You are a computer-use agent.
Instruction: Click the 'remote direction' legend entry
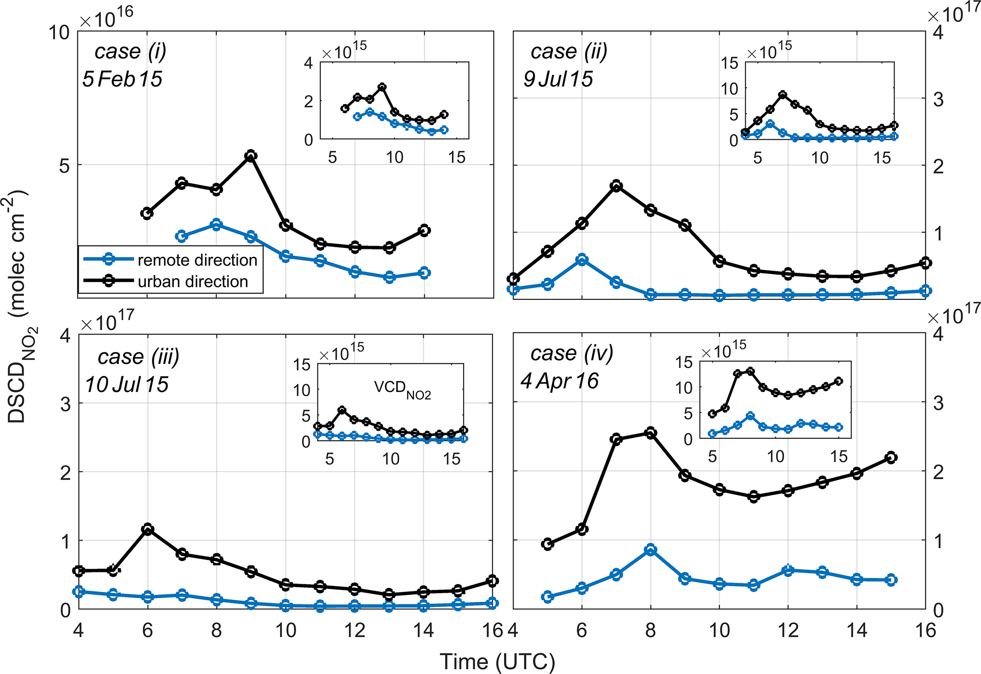(197, 260)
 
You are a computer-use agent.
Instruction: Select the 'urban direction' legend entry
(193, 281)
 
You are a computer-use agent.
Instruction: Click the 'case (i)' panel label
(131, 51)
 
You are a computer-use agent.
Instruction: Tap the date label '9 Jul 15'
(558, 78)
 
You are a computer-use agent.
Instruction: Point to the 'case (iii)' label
(139, 357)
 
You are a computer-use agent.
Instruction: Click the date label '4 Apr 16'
(560, 381)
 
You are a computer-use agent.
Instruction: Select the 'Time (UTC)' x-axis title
(497, 661)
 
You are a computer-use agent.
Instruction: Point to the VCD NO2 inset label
(402, 389)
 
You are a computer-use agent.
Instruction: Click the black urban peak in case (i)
(251, 156)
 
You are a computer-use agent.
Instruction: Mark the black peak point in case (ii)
(616, 185)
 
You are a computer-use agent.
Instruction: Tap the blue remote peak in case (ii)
(582, 259)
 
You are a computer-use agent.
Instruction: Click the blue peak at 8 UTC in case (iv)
(650, 550)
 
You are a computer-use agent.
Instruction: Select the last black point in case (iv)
(891, 457)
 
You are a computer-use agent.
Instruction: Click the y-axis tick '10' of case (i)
(59, 33)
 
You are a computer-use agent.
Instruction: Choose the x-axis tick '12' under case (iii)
(355, 630)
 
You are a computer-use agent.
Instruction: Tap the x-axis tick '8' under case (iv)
(650, 630)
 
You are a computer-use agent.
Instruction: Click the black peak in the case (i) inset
(382, 87)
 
